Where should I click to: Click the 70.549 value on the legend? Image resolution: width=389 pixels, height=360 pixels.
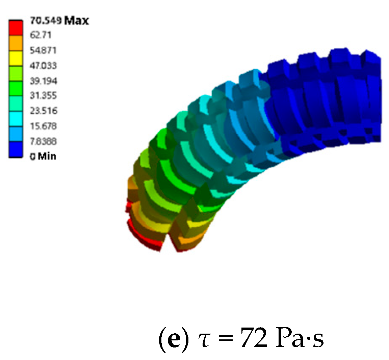click(x=46, y=20)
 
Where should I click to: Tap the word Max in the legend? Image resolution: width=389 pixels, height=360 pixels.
click(x=76, y=20)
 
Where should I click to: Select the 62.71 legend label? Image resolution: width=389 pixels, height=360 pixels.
click(x=41, y=35)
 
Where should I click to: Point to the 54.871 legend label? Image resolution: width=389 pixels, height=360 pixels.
click(x=43, y=50)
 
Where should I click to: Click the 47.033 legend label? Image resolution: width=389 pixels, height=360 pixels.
click(x=43, y=66)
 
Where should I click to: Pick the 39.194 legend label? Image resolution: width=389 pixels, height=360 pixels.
click(x=44, y=81)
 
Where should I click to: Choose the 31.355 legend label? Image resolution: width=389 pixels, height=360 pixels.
click(x=44, y=96)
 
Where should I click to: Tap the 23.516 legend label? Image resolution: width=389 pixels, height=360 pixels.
click(x=44, y=111)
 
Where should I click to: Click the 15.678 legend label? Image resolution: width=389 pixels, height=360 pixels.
click(x=44, y=126)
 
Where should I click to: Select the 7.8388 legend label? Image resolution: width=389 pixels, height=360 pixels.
click(x=44, y=141)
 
